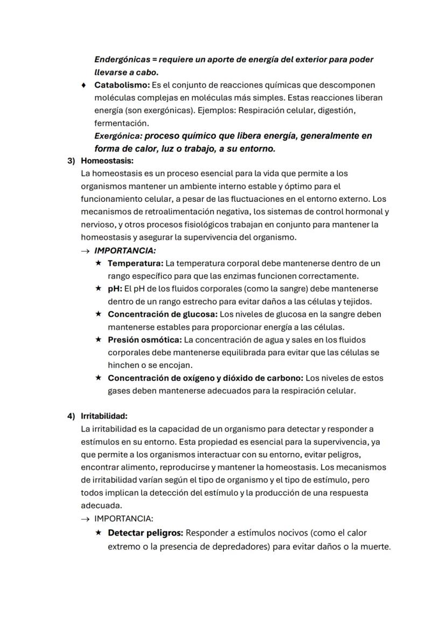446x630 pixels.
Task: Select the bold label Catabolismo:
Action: pos(122,85)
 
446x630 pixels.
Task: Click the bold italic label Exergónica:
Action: pos(118,136)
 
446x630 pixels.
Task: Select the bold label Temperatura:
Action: pos(135,264)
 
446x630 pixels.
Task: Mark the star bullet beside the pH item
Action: pos(98,289)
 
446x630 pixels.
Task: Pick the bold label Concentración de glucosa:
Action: pos(162,314)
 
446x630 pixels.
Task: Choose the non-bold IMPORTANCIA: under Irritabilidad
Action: pos(123,519)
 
